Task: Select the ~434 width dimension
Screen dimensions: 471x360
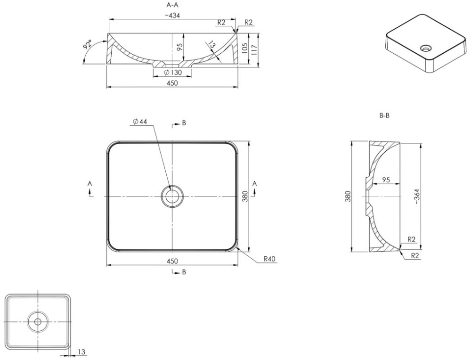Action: click(x=172, y=16)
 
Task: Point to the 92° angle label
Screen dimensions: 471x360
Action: click(x=88, y=45)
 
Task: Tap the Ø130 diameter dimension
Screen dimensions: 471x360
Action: click(x=173, y=73)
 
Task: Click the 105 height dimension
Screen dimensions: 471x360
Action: click(x=244, y=49)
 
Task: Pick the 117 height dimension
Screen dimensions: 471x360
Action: click(x=254, y=49)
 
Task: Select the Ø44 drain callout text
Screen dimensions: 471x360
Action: click(x=139, y=122)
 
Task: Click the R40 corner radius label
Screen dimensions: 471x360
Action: click(x=269, y=259)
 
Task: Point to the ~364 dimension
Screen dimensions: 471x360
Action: click(x=417, y=196)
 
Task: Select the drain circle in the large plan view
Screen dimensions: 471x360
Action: click(x=172, y=196)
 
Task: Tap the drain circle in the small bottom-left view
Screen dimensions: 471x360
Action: click(x=38, y=321)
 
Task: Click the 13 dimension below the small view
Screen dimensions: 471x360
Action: click(x=81, y=352)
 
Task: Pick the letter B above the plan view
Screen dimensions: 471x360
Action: click(x=184, y=123)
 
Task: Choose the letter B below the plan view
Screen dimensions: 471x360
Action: click(x=184, y=272)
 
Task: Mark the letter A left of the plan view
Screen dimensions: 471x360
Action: click(x=89, y=183)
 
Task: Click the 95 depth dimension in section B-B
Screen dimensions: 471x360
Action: click(x=386, y=180)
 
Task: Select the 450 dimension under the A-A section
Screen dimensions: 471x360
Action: click(x=172, y=83)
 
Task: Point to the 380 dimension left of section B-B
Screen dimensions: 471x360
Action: click(x=348, y=196)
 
